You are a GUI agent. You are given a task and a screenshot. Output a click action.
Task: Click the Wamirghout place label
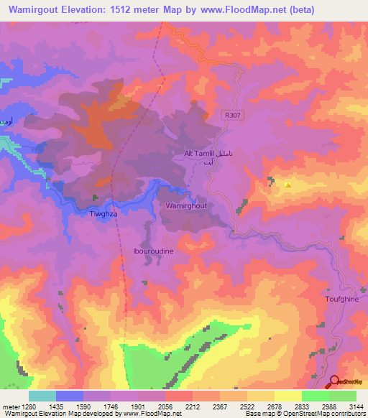click(186, 205)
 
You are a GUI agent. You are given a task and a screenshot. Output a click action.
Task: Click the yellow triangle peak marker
click(287, 185)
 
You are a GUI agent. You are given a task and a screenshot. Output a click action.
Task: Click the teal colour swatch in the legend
click(42, 395)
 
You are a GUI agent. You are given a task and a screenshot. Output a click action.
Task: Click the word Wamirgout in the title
click(36, 9)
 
